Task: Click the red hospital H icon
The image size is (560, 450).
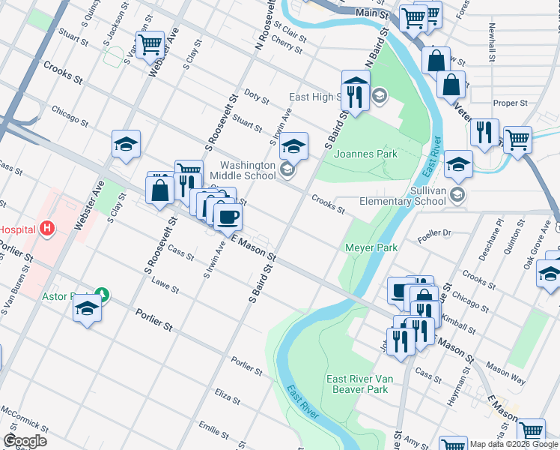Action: pos(47,228)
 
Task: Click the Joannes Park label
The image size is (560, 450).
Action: pos(365,154)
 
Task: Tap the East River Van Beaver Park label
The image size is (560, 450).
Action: pos(357,384)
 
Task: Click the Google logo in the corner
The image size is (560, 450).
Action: pos(25,441)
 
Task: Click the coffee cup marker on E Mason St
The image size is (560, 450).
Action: pos(228,217)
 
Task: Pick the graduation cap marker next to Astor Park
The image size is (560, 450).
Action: pos(88,308)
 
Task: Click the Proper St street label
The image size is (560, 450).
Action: pos(511,103)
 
